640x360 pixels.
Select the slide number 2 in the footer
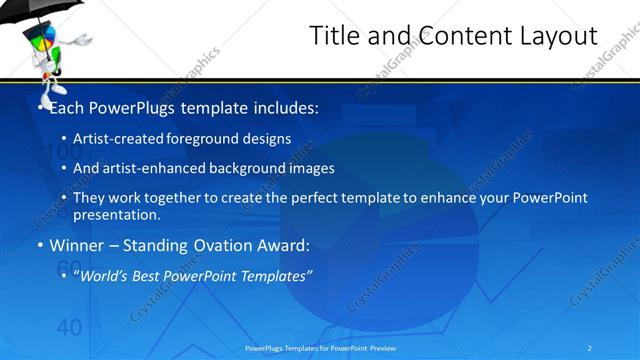(590, 347)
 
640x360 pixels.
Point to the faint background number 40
(69, 327)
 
